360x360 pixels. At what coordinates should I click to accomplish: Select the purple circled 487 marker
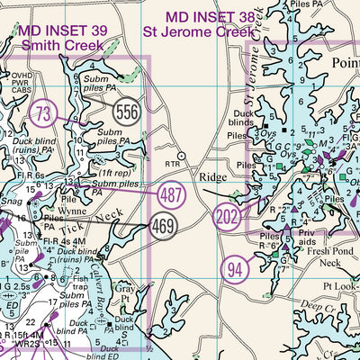click(x=172, y=193)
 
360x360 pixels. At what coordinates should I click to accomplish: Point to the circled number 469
click(x=164, y=224)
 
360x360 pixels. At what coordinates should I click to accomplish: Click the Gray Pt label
click(x=124, y=292)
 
